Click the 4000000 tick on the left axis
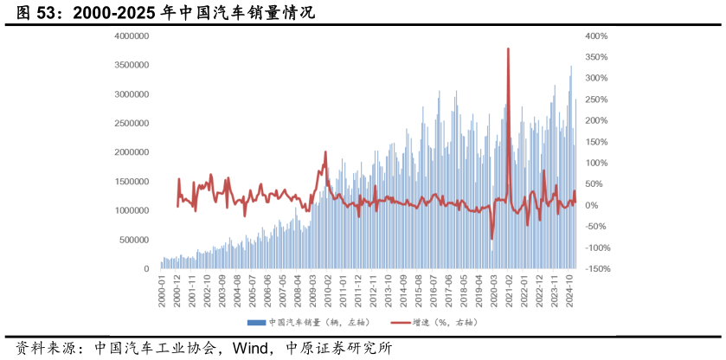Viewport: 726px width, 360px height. click(132, 36)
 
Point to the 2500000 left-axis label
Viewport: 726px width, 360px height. click(132, 124)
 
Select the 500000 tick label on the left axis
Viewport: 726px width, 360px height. click(135, 240)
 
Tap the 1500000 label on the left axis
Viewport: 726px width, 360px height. click(132, 182)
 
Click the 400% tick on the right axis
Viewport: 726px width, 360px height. click(597, 36)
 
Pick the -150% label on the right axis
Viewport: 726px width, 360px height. click(596, 269)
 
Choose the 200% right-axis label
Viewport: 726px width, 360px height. click(597, 121)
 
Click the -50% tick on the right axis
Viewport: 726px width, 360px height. click(596, 227)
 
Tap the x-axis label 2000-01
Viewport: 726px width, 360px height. click(162, 290)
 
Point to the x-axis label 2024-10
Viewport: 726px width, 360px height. click(569, 290)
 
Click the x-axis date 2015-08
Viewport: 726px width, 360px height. click(418, 290)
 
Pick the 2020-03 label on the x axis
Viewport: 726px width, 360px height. click(494, 290)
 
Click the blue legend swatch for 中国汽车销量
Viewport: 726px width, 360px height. click(256, 323)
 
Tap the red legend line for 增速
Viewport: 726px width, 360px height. click(400, 323)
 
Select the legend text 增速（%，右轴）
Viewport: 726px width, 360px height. click(445, 323)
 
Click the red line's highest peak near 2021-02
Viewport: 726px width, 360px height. click(508, 48)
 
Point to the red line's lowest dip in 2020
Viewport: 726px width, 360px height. click(491, 239)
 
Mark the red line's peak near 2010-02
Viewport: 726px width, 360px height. click(325, 152)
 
